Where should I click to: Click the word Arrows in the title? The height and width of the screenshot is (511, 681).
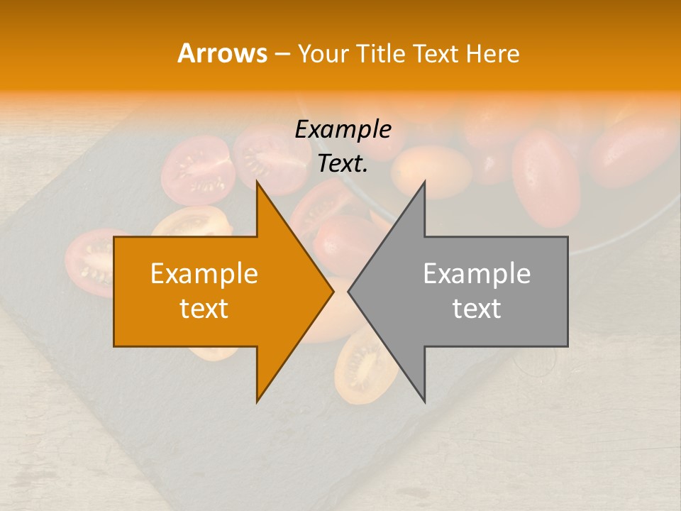(x=223, y=53)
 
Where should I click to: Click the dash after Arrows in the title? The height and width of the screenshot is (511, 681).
(x=282, y=54)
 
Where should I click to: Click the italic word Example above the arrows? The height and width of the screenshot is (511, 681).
(x=343, y=129)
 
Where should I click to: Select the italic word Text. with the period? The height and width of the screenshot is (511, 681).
(x=343, y=164)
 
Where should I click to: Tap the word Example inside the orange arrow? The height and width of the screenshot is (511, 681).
(x=204, y=273)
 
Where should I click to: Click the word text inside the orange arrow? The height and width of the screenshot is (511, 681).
(x=204, y=309)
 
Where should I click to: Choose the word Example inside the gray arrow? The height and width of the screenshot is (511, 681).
(x=477, y=273)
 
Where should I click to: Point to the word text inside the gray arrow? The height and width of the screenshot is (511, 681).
(x=477, y=309)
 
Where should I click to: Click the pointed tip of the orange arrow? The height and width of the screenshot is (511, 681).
(x=333, y=291)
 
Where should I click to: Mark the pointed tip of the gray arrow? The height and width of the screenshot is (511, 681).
(x=349, y=291)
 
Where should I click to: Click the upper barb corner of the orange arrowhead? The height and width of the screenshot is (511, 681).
(x=257, y=182)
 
